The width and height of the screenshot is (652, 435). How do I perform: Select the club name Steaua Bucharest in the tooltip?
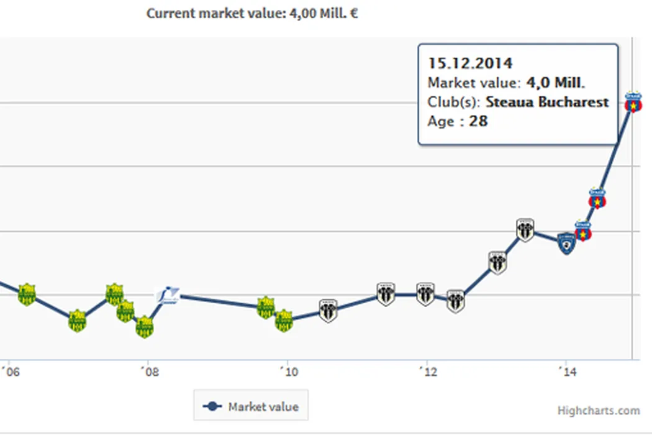pyautogui.click(x=547, y=102)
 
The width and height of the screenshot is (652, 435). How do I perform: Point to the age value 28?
pyautogui.click(x=478, y=121)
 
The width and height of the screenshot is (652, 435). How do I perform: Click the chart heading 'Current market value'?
pyautogui.click(x=251, y=13)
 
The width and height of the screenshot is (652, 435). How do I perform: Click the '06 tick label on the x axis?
pyautogui.click(x=10, y=372)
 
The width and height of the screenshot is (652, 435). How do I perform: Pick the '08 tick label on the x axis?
pyautogui.click(x=149, y=372)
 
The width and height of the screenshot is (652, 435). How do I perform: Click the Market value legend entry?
pyautogui.click(x=251, y=407)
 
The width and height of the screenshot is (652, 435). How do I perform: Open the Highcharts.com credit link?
pyautogui.click(x=598, y=410)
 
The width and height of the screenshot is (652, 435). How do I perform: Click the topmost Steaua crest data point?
pyautogui.click(x=633, y=103)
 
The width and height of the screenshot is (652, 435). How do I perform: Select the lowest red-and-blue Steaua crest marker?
pyautogui.click(x=582, y=231)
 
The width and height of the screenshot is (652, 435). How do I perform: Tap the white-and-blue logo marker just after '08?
pyautogui.click(x=168, y=294)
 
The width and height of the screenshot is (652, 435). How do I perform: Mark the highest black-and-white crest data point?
pyautogui.click(x=525, y=231)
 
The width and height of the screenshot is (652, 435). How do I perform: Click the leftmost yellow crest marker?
pyautogui.click(x=27, y=294)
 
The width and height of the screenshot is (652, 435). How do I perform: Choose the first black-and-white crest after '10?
pyautogui.click(x=328, y=310)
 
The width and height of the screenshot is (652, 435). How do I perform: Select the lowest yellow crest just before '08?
pyautogui.click(x=145, y=326)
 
